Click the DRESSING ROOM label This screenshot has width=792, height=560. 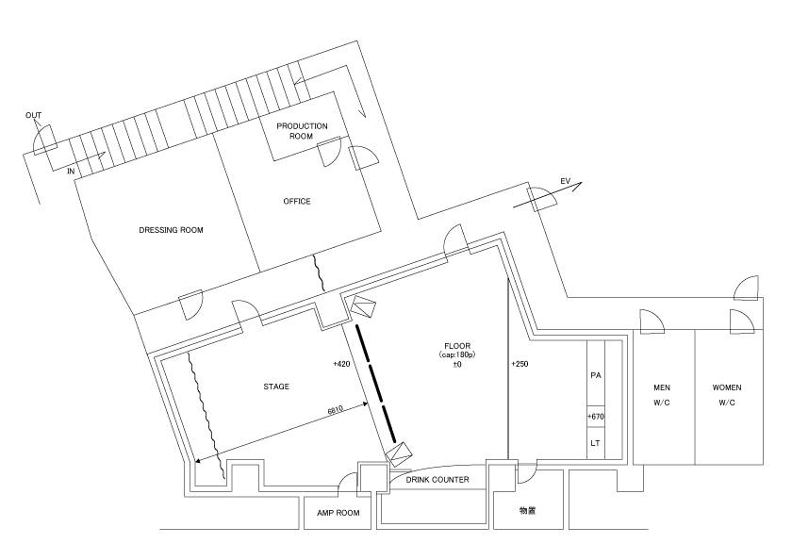pyautogui.click(x=171, y=230)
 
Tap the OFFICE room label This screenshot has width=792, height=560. pyautogui.click(x=297, y=202)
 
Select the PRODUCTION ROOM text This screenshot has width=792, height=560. pyautogui.click(x=302, y=131)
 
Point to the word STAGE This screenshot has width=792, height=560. pyautogui.click(x=276, y=387)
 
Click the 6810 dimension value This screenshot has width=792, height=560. pyautogui.click(x=336, y=409)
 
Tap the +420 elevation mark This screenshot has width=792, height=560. pyautogui.click(x=341, y=364)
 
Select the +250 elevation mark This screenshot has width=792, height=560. pyautogui.click(x=520, y=364)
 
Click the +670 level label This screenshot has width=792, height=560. pyautogui.click(x=596, y=417)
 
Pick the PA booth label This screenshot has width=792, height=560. pyautogui.click(x=596, y=375)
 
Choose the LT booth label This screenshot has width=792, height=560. pyautogui.click(x=596, y=443)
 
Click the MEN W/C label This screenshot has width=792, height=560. pyautogui.click(x=662, y=395)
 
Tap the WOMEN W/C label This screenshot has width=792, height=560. pyautogui.click(x=727, y=395)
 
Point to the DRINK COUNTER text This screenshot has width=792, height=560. pyautogui.click(x=437, y=480)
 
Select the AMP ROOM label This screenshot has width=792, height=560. pyautogui.click(x=338, y=513)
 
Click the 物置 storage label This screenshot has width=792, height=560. pyautogui.click(x=528, y=511)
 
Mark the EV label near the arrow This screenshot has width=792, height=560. pyautogui.click(x=565, y=181)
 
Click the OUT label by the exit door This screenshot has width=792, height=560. pyautogui.click(x=33, y=116)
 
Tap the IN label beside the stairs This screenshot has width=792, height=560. pyautogui.click(x=71, y=172)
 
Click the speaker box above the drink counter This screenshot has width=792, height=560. pyautogui.click(x=400, y=454)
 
